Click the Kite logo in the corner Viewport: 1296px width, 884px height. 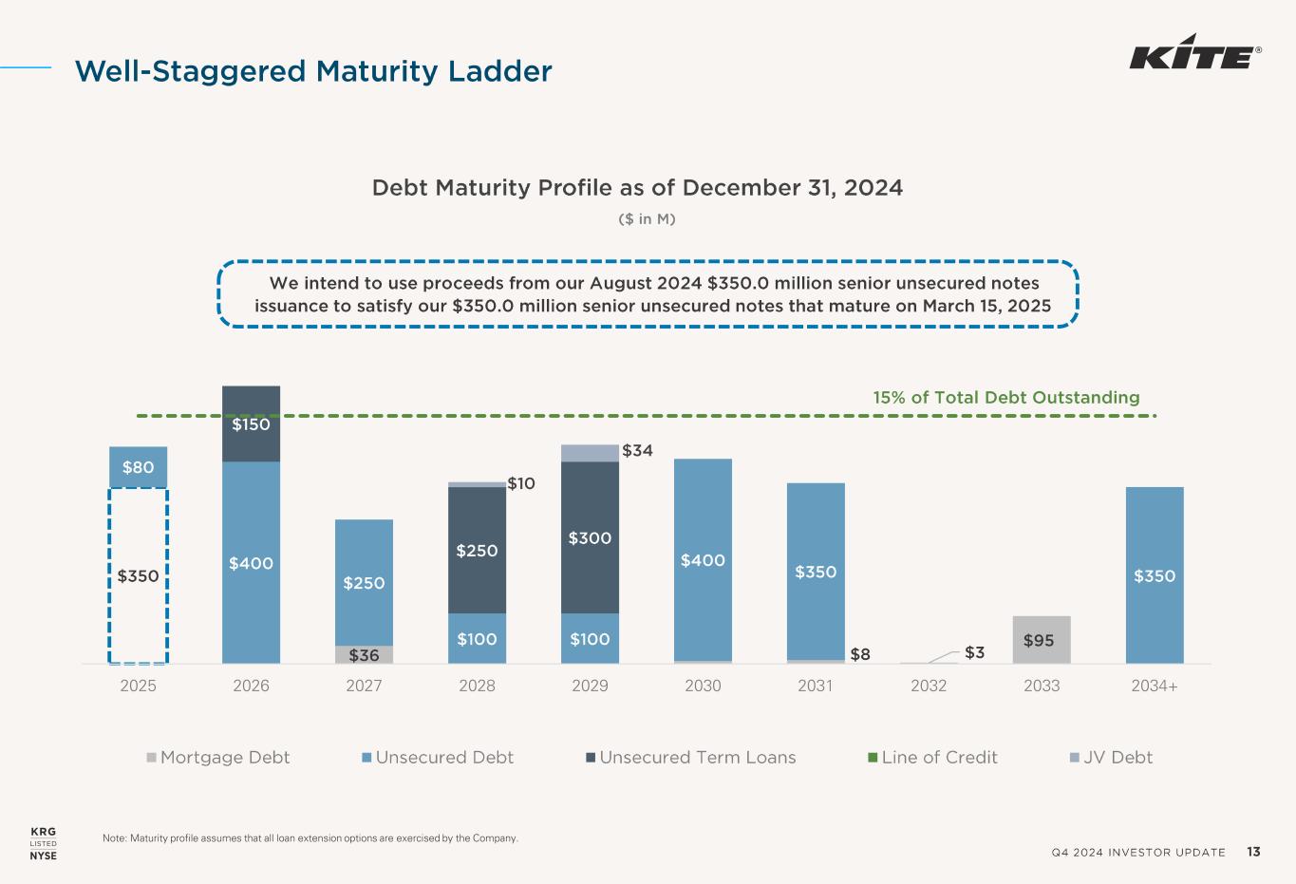pos(1194,57)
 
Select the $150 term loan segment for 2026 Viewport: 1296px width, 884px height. pos(252,423)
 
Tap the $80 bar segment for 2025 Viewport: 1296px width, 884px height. pos(139,466)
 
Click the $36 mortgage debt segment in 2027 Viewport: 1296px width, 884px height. pos(364,655)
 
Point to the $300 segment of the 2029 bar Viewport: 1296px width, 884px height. pos(590,537)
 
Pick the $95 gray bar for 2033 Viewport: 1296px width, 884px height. pos(1042,640)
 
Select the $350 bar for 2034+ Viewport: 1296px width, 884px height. pos(1155,575)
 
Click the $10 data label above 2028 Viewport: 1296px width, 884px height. pos(521,484)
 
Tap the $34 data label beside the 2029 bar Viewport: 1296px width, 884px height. pos(637,451)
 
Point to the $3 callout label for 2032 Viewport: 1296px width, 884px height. pos(975,652)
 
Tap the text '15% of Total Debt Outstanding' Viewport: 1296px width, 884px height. pos(1006,398)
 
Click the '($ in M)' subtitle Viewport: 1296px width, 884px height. pos(647,219)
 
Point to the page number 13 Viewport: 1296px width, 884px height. pos(1254,852)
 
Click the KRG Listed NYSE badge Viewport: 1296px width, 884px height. pos(44,843)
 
